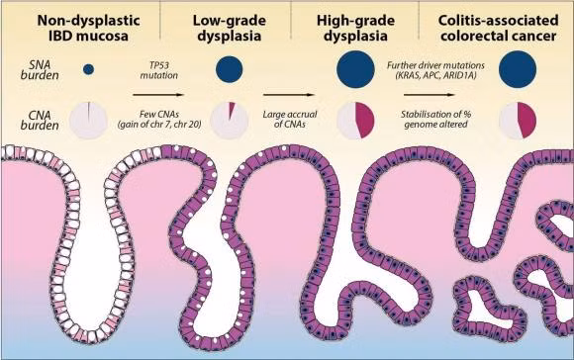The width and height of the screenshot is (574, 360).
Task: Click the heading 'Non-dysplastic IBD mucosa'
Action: [x=88, y=28]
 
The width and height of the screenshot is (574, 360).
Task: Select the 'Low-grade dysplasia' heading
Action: [x=230, y=28]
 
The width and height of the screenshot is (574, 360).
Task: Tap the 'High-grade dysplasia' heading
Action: [x=355, y=28]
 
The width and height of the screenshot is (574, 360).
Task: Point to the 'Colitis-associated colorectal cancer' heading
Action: [x=498, y=28]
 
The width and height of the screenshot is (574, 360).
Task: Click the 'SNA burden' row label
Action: [x=40, y=70]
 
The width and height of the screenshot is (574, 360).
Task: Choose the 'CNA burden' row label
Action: [x=40, y=121]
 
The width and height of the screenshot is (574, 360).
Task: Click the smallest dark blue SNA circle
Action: [x=89, y=69]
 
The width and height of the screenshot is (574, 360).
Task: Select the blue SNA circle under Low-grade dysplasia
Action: [x=230, y=69]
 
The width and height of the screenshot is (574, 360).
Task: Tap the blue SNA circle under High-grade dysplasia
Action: [x=355, y=69]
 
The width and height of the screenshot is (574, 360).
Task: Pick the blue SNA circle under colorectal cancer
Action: [x=518, y=69]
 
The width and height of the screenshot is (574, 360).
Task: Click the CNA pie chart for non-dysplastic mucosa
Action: [x=88, y=121]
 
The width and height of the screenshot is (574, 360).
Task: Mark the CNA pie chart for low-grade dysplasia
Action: [x=230, y=121]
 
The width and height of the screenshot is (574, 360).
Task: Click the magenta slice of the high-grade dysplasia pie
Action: [x=365, y=120]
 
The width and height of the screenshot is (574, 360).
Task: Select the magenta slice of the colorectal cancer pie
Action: [x=527, y=120]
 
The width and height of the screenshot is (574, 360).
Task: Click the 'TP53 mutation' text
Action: [x=159, y=70]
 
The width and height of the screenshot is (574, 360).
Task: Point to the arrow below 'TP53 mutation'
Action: [x=158, y=95]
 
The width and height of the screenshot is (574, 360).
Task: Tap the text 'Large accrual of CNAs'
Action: [x=290, y=119]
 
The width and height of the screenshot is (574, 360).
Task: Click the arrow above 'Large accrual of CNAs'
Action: [x=288, y=95]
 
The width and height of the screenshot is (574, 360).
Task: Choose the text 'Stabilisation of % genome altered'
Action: [x=435, y=119]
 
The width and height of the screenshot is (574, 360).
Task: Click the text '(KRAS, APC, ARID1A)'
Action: [x=435, y=76]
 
